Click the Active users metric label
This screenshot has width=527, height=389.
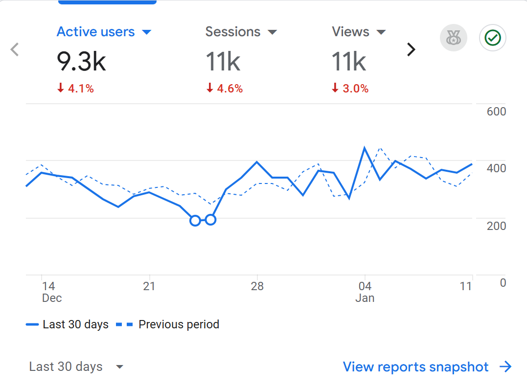tap(96, 32)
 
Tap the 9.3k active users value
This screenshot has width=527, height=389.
tap(81, 61)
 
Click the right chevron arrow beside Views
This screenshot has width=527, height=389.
tap(411, 49)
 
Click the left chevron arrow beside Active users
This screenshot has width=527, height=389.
tap(15, 49)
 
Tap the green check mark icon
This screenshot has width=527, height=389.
tap(492, 38)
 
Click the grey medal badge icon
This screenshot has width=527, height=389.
tap(454, 38)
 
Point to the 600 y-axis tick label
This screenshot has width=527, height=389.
tap(496, 112)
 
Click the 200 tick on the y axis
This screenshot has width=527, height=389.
tap(496, 226)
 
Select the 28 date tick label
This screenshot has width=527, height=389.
tap(257, 286)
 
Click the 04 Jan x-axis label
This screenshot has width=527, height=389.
tap(365, 292)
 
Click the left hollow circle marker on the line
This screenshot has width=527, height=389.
tap(195, 221)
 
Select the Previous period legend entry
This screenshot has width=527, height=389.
tap(168, 324)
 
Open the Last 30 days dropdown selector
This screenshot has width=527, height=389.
tap(76, 367)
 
